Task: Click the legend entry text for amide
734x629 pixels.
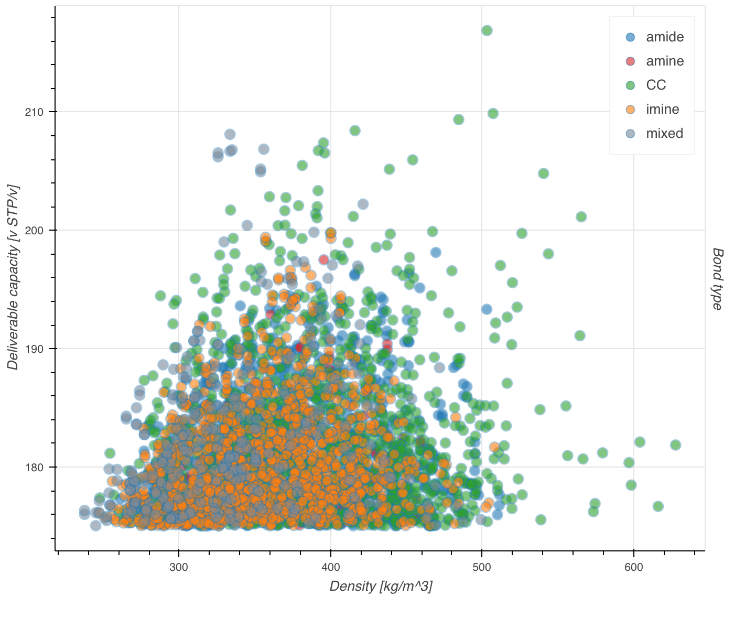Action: click(x=664, y=37)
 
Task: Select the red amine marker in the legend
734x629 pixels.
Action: click(x=630, y=61)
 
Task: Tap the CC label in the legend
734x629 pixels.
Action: click(x=656, y=85)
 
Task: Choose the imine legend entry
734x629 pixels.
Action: click(x=662, y=110)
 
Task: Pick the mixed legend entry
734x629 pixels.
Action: click(x=664, y=134)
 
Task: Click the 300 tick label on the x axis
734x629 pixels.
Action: click(x=179, y=568)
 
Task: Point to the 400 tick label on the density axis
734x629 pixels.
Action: click(x=330, y=568)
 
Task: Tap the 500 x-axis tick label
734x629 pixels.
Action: click(x=482, y=568)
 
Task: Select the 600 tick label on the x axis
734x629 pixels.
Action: click(x=633, y=568)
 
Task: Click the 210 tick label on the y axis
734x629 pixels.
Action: click(x=34, y=112)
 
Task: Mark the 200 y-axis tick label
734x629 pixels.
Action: click(x=34, y=231)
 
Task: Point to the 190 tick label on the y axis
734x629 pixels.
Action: click(x=34, y=349)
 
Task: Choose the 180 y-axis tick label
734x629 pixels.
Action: click(x=34, y=468)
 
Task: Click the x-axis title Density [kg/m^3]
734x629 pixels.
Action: click(x=381, y=587)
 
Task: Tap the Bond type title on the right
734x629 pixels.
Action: click(x=718, y=279)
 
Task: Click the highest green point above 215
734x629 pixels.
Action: click(x=487, y=30)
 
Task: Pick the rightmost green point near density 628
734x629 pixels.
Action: click(x=675, y=445)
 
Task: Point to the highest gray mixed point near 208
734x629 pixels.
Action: click(x=230, y=135)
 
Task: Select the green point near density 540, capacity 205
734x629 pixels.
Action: click(x=544, y=173)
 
